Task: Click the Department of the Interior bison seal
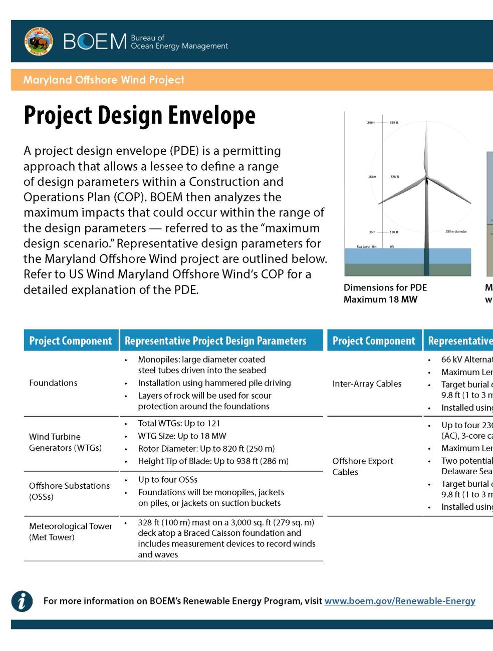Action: [39, 42]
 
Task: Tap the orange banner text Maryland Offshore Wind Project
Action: [104, 80]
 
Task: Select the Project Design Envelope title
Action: [139, 115]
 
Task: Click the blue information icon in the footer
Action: [22, 601]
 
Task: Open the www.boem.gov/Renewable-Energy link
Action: [399, 601]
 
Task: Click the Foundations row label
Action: [53, 383]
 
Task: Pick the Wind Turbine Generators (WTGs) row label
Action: [65, 442]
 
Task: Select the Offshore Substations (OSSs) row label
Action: [69, 491]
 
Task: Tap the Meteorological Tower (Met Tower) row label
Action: [70, 532]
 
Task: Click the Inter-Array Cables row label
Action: [367, 384]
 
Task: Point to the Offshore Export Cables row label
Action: [363, 466]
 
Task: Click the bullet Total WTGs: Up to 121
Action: [179, 424]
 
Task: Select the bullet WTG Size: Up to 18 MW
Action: [182, 436]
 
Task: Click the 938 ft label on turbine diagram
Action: [394, 122]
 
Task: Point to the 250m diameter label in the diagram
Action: [455, 232]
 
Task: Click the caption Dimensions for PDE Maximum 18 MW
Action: [385, 293]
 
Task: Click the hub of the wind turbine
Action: [426, 176]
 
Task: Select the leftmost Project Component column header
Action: [71, 341]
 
